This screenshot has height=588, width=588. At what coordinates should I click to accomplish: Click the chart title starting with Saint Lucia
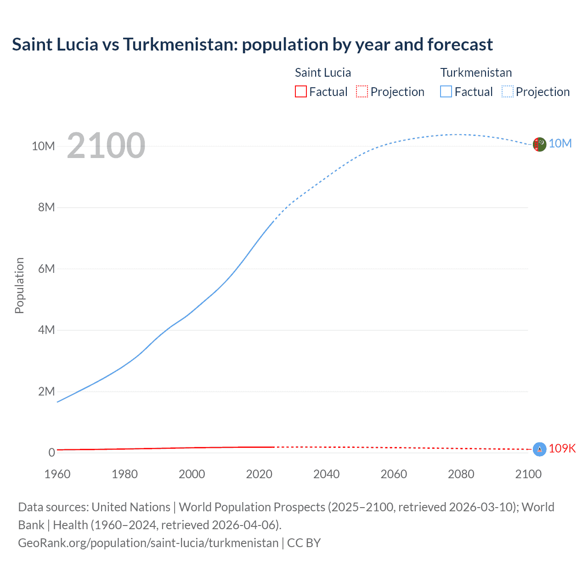pos(252,45)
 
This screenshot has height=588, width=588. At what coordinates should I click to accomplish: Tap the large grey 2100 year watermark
pos(106,146)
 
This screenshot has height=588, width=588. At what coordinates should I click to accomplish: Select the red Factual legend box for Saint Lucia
pos(300,92)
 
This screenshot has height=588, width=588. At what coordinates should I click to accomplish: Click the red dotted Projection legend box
pos(362,92)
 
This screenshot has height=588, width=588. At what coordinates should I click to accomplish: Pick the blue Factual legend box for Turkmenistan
pos(446,92)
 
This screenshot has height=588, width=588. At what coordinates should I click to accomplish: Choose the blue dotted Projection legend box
pos(507,92)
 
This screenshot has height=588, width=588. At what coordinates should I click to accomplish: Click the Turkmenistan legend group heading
pos(476,73)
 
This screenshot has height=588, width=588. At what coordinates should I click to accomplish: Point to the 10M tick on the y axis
pos(43,146)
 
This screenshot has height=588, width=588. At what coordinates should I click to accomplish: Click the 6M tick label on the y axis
pos(46,269)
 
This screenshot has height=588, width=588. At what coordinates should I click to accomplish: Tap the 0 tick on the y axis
pos(52,452)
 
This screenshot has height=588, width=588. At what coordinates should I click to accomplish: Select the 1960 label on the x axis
pos(57,474)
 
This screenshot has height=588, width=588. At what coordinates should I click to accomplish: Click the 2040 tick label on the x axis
pos(326,474)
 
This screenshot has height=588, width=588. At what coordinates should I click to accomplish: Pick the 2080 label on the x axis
pos(461,474)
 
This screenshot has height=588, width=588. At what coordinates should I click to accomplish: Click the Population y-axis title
pos(19,285)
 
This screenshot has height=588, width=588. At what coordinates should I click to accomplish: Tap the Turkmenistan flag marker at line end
pos(539,144)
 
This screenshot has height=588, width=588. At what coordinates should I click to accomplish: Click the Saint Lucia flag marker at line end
pos(539,449)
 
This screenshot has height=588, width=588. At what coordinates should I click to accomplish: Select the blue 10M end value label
pos(560,143)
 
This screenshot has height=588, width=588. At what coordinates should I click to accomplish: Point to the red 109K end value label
pos(562,448)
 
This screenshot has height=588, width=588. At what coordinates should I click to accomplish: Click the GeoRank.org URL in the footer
pos(148,543)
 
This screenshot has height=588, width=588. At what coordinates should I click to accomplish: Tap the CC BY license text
pos(304,543)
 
